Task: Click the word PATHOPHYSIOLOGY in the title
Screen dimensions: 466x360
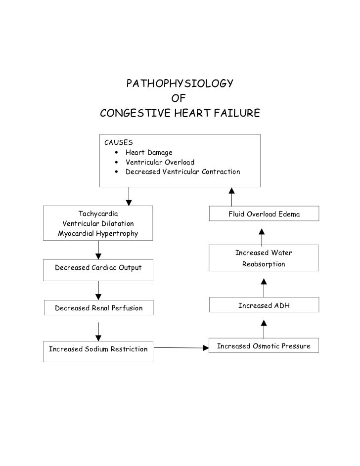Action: click(180, 83)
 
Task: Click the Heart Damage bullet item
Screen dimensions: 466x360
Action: click(148, 153)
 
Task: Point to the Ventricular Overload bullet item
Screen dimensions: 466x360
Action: click(160, 162)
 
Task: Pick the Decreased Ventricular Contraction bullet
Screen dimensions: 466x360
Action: click(182, 172)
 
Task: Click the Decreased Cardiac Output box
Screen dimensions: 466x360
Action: click(98, 268)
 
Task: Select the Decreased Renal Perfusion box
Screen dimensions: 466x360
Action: click(98, 308)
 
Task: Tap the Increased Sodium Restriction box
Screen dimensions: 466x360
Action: click(98, 349)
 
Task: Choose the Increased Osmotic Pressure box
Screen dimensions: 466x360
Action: click(264, 346)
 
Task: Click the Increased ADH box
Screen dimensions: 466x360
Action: click(264, 306)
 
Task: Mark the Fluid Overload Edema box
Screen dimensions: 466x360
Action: click(264, 214)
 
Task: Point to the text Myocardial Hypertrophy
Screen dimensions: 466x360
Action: click(98, 233)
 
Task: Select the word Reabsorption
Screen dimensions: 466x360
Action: click(264, 264)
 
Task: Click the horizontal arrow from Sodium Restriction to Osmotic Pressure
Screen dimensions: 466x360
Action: click(181, 347)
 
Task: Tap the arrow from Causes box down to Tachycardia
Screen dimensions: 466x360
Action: click(129, 196)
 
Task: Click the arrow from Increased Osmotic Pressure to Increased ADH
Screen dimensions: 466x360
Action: click(264, 329)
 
